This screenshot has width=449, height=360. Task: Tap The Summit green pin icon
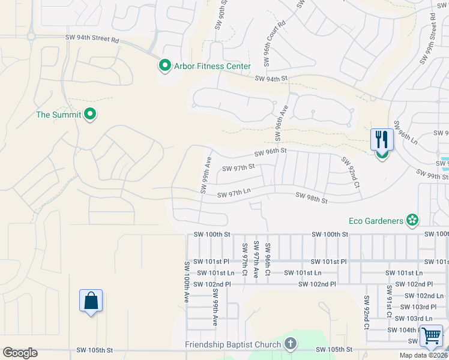(90, 114)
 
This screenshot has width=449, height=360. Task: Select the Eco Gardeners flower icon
(412, 221)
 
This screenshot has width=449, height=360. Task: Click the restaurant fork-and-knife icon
(382, 140)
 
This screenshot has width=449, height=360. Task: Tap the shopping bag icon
(91, 301)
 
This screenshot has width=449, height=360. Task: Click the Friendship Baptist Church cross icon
(291, 344)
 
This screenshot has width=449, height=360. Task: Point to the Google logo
(20, 353)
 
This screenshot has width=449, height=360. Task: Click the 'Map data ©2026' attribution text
(423, 355)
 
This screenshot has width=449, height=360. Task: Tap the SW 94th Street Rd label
(92, 38)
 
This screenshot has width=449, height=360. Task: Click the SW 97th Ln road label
(233, 194)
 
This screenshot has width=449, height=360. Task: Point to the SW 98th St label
(311, 197)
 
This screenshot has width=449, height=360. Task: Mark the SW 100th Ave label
(187, 281)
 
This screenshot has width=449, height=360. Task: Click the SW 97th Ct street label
(245, 259)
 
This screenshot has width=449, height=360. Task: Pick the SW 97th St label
(238, 168)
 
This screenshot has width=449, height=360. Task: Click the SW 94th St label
(271, 79)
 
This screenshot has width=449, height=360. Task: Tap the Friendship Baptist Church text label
(233, 344)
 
